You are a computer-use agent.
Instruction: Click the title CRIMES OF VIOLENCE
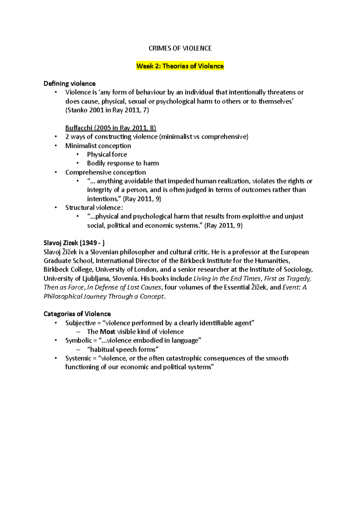180,48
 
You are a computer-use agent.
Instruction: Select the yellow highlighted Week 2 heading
180,66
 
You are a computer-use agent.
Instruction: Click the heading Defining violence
70,84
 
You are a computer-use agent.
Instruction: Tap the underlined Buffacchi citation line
111,128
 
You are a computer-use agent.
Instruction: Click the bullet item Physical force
107,154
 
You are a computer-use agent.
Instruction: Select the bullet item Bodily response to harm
123,163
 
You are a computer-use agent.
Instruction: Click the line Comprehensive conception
106,172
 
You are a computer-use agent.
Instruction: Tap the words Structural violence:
94,208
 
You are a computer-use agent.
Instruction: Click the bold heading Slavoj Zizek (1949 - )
74,243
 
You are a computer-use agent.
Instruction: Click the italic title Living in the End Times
227,278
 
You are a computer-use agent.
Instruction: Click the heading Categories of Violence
77,314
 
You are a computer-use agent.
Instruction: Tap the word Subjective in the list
80,323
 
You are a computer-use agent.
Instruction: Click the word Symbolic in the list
79,341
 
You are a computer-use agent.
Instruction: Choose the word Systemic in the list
78,358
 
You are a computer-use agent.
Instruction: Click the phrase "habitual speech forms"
123,350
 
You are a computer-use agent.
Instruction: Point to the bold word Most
107,332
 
